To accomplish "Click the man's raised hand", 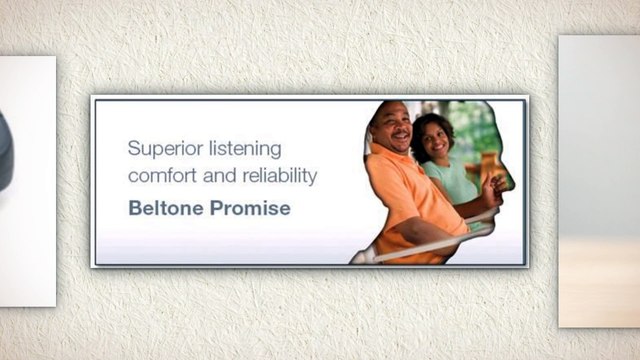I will tap(491, 189).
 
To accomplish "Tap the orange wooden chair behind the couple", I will tap(489, 164).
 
